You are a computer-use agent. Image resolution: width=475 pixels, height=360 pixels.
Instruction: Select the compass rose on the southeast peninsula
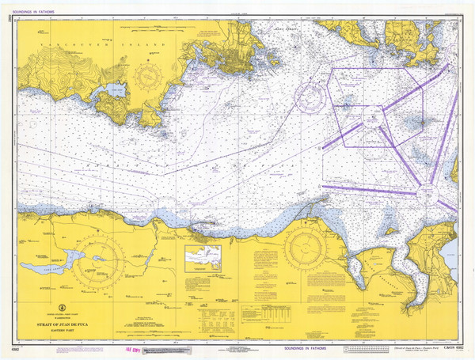click(x=310, y=249)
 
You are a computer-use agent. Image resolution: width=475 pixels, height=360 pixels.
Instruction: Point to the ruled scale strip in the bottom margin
click(x=372, y=349)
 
